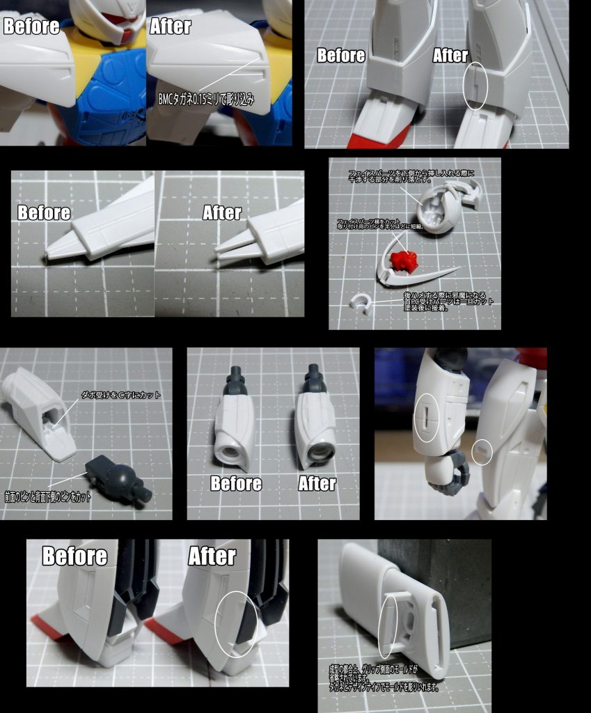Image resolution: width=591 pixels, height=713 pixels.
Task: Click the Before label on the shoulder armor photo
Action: (31, 26)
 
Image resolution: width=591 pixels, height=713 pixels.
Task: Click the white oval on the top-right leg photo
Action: (475, 86)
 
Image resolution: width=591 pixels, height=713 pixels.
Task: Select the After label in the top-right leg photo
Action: (450, 56)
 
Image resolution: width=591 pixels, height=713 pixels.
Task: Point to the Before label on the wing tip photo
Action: (44, 212)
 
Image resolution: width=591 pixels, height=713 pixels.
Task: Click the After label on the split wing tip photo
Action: (222, 212)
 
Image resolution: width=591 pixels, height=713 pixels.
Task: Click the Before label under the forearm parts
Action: (236, 483)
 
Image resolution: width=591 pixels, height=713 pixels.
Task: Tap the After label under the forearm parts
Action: (317, 483)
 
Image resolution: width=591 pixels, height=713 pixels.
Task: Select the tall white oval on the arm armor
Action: (425, 418)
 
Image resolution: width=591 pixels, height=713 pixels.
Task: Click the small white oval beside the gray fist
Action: (481, 452)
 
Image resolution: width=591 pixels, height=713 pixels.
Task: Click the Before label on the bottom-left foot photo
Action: (74, 556)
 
